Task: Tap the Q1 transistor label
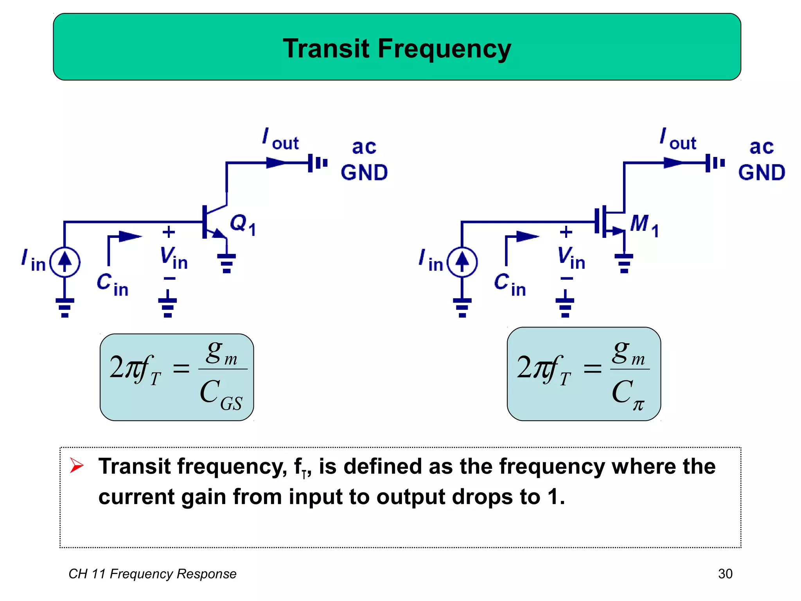(x=242, y=225)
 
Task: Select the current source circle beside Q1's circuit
(x=65, y=262)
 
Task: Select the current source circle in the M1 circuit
(x=462, y=262)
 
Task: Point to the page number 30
(x=725, y=574)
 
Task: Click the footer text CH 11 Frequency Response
(x=153, y=574)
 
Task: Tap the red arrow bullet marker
(x=77, y=466)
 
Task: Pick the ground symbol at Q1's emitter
(x=226, y=263)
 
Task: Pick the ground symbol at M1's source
(x=624, y=263)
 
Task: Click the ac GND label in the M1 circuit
(x=761, y=160)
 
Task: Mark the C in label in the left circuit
(x=113, y=284)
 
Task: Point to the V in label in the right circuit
(x=571, y=258)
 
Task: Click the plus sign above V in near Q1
(x=169, y=232)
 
